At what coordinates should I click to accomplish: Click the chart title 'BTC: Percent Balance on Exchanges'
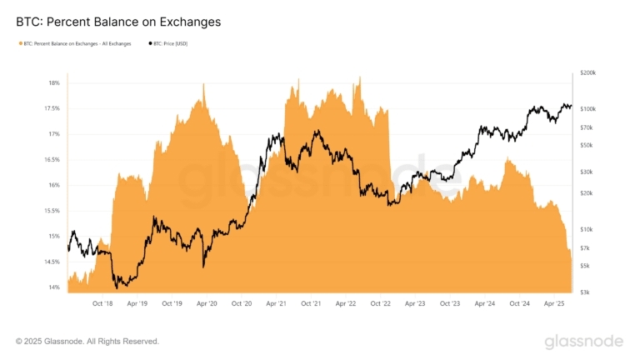click(x=118, y=22)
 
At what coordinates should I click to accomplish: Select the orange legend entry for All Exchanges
click(x=75, y=43)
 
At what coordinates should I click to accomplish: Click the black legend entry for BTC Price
click(x=168, y=43)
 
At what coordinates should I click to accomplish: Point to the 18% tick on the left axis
click(x=54, y=82)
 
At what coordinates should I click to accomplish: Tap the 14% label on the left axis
click(x=54, y=287)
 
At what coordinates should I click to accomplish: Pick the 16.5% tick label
click(x=52, y=160)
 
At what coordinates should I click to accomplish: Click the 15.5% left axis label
click(x=52, y=211)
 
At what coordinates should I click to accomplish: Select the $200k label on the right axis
click(x=588, y=72)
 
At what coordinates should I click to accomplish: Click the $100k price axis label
click(x=588, y=109)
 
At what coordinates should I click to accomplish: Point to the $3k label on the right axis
click(x=586, y=292)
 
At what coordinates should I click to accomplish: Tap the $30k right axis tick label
click(x=587, y=172)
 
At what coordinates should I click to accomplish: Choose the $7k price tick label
click(x=586, y=248)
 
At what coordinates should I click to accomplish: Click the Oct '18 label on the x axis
click(x=102, y=303)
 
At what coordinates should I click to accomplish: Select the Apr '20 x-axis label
click(x=207, y=303)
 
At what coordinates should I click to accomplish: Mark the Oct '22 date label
click(x=380, y=303)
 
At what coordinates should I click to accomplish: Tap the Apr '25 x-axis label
click(x=554, y=303)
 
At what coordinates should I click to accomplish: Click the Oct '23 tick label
click(x=450, y=303)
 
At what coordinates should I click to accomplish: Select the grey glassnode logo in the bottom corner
click(x=584, y=341)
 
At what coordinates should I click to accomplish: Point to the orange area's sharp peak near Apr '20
click(x=203, y=84)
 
